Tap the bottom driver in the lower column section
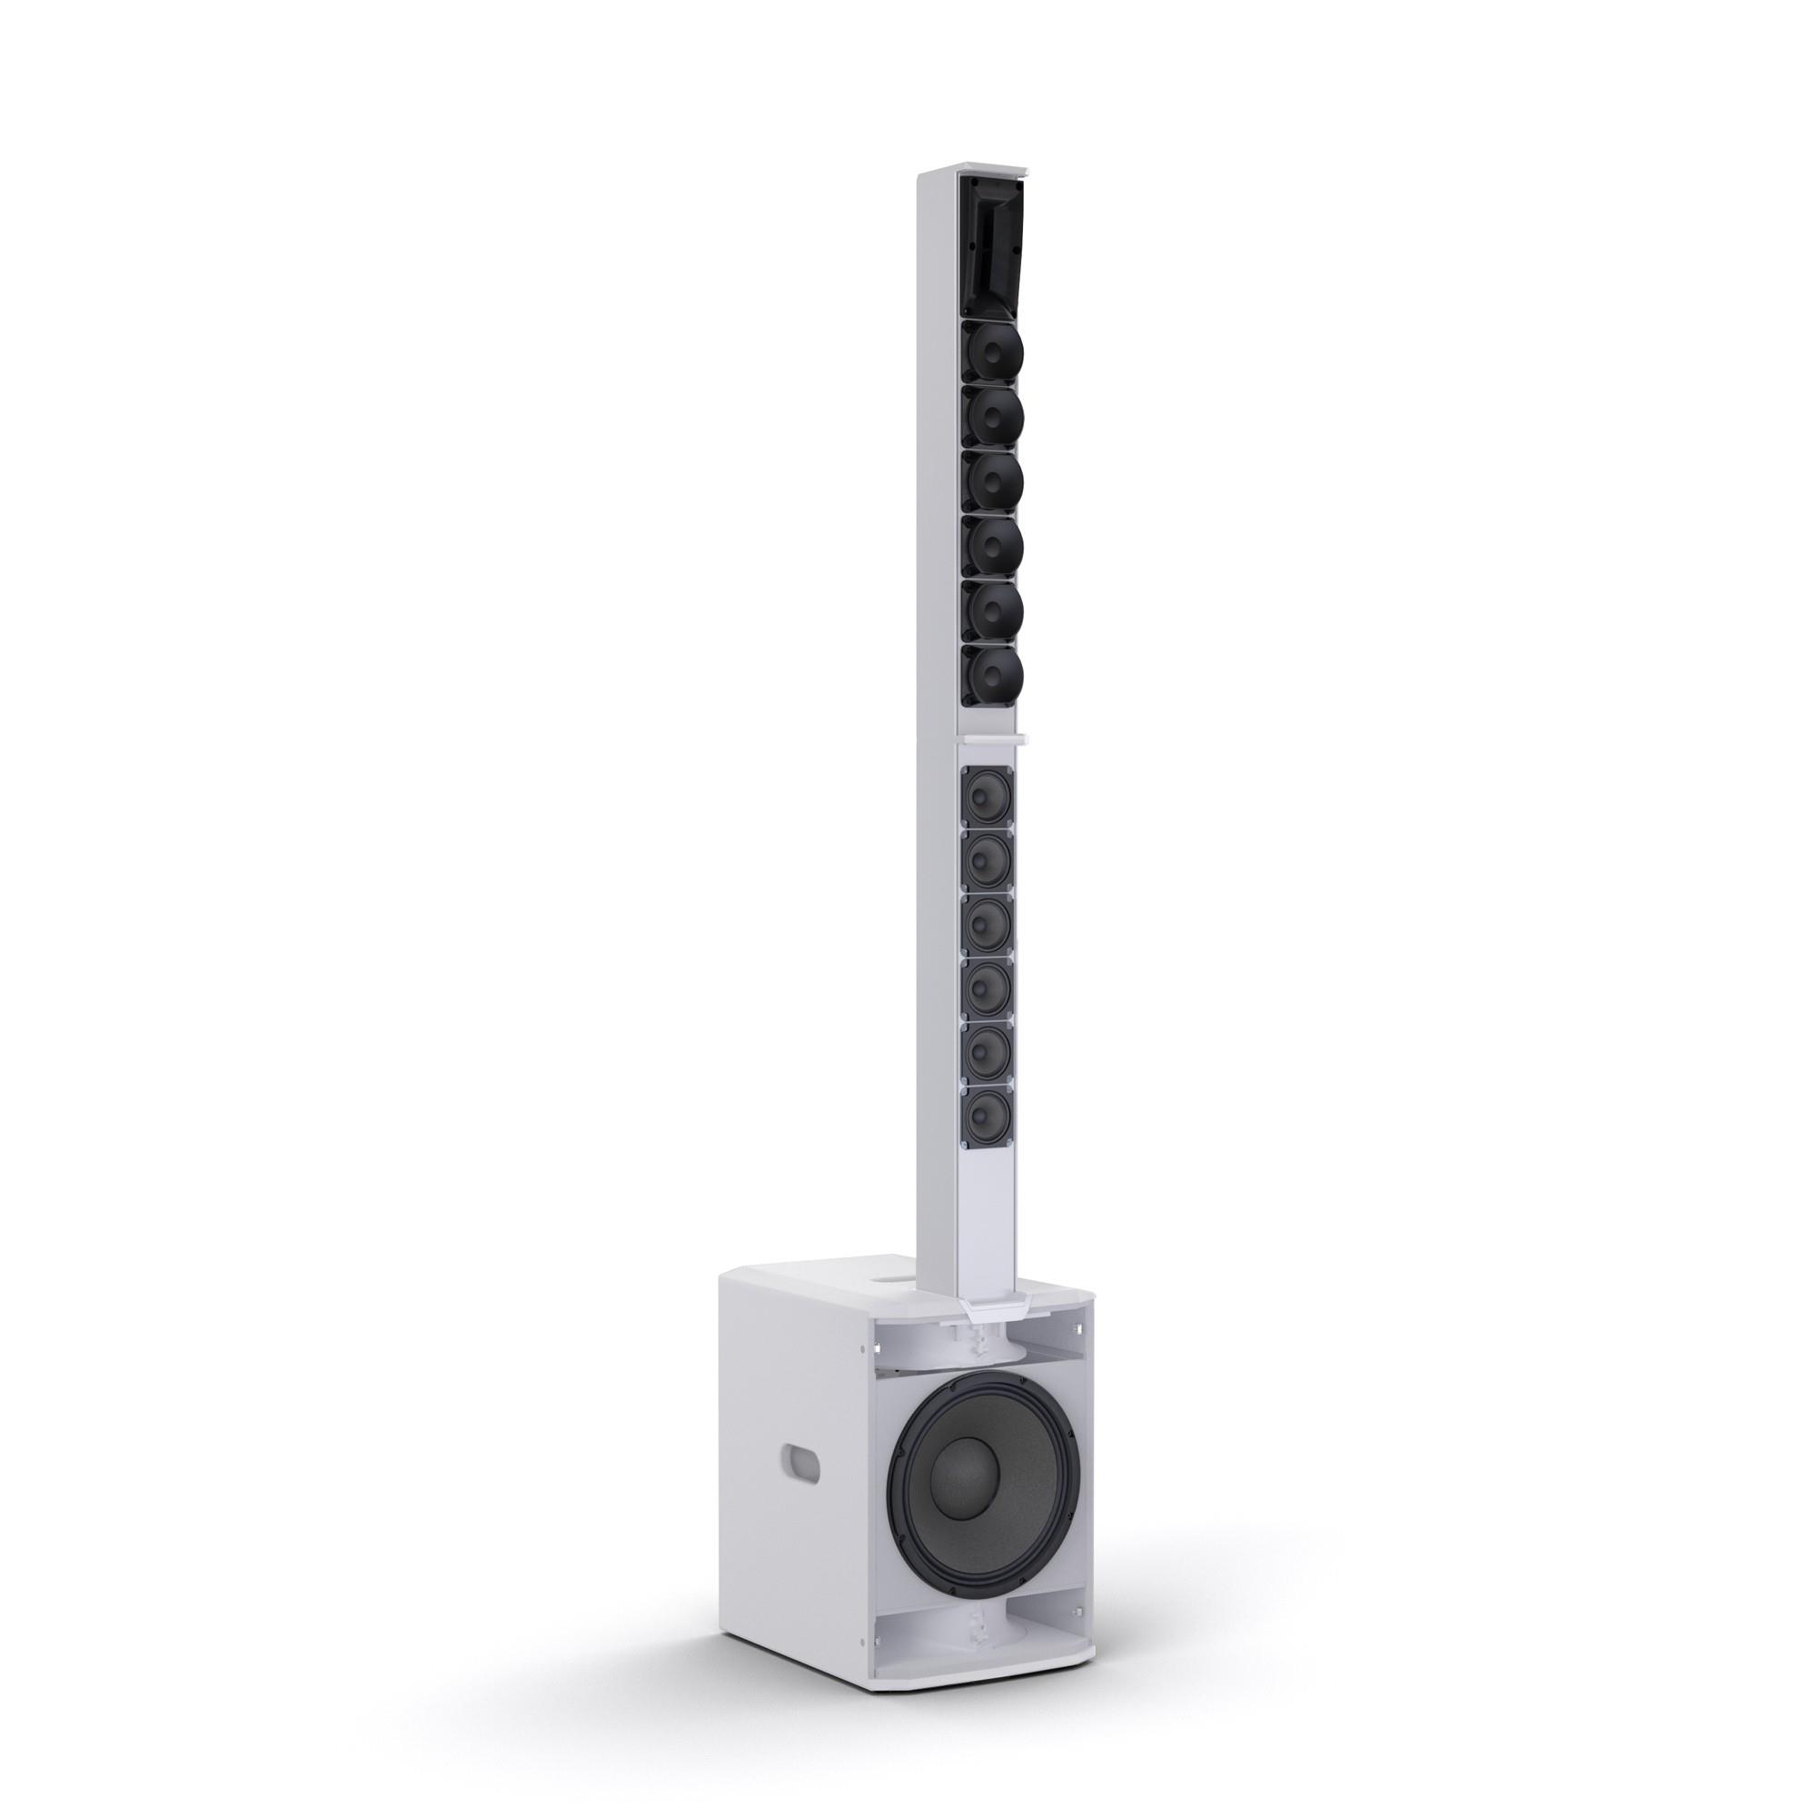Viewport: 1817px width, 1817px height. [986, 1116]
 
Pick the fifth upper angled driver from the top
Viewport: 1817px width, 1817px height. [992, 607]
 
